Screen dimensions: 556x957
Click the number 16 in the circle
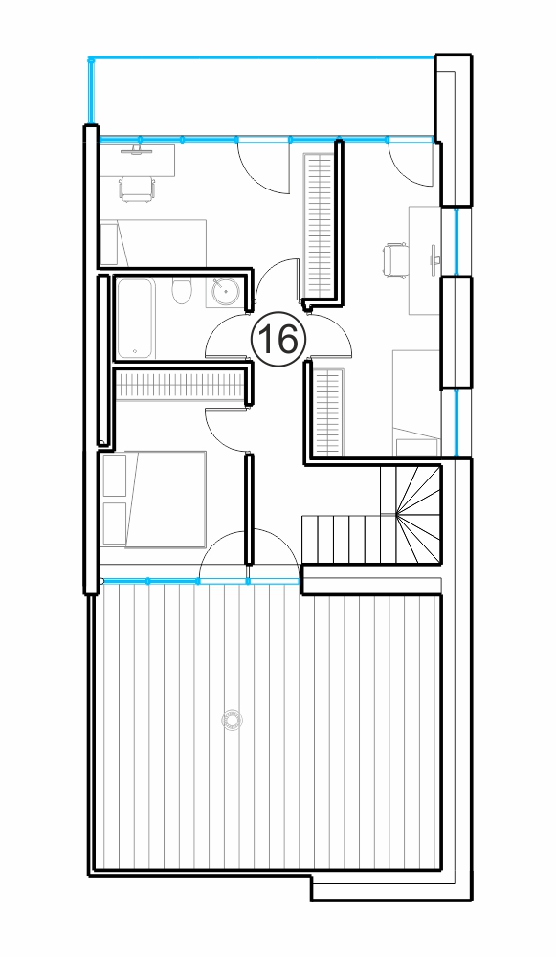tap(278, 339)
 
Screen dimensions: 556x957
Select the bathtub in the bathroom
tap(135, 318)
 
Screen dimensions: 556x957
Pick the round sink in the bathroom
tap(227, 291)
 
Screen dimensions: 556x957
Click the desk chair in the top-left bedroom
tap(138, 188)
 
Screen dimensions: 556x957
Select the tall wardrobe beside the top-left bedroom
tap(320, 225)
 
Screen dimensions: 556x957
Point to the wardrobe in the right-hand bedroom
tap(328, 412)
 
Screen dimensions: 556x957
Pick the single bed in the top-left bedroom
tap(153, 243)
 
